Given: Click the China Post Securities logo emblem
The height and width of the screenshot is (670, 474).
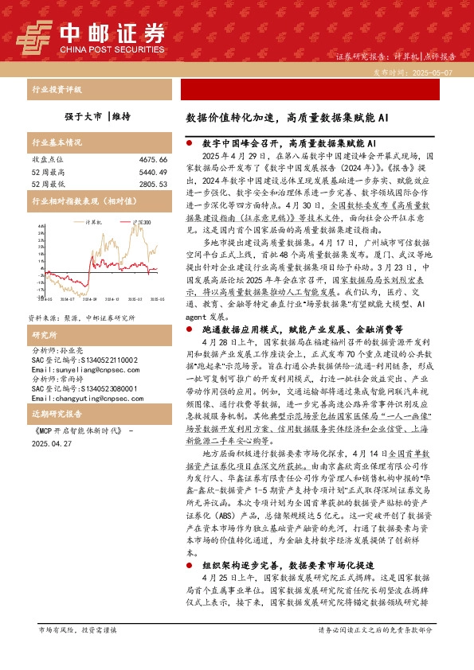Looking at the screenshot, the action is tap(34, 34).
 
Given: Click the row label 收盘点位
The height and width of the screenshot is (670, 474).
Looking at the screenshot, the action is tap(46, 160).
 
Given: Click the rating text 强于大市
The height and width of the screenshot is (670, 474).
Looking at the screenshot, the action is tap(83, 117).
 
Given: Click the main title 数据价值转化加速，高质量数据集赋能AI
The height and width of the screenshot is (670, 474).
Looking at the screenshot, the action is tap(287, 117).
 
